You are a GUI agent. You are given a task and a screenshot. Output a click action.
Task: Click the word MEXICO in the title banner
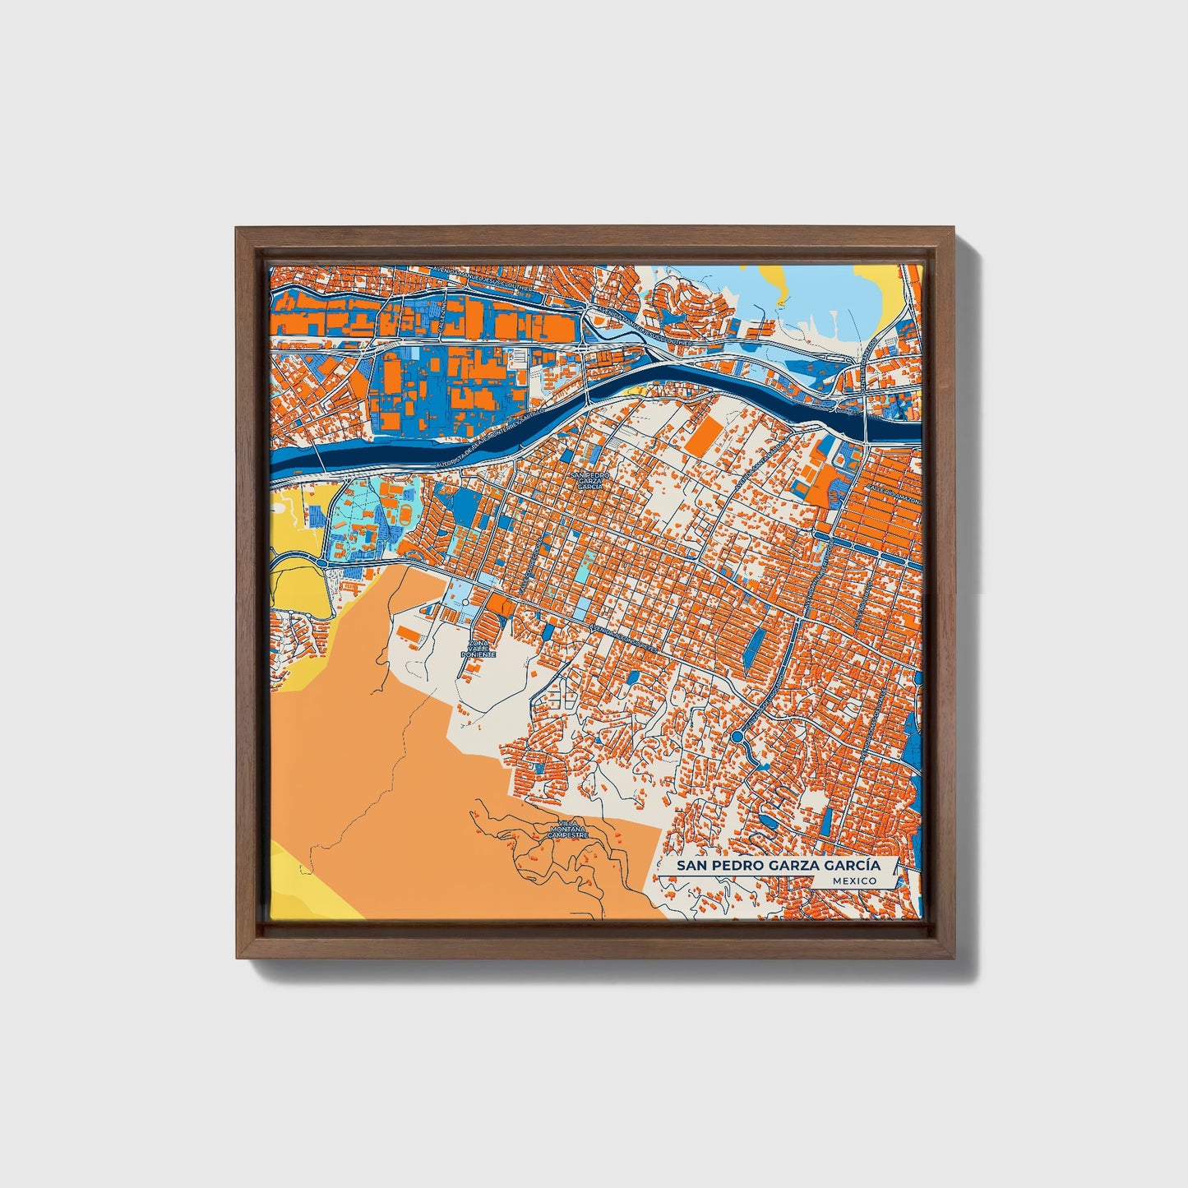pyautogui.click(x=853, y=881)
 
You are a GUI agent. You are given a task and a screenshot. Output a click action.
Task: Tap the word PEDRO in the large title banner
pyautogui.click(x=737, y=866)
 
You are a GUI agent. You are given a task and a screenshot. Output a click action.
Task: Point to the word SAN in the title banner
pyautogui.click(x=690, y=866)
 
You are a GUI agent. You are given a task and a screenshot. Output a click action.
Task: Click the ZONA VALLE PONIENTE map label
pyautogui.click(x=480, y=649)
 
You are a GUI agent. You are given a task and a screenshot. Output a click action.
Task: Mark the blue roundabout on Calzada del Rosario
pyautogui.click(x=737, y=737)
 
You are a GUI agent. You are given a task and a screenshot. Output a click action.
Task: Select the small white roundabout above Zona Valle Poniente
pyautogui.click(x=465, y=603)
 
